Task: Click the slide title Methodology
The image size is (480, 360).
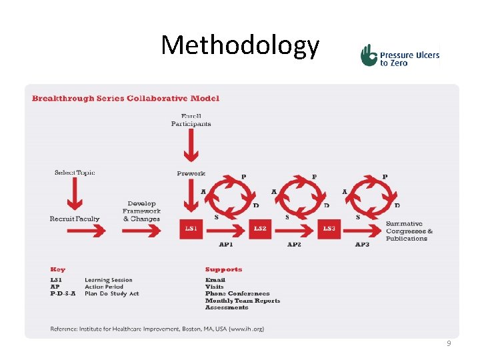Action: tap(240, 45)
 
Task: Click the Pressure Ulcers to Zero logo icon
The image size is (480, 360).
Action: tap(369, 55)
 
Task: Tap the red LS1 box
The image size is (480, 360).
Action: tap(191, 229)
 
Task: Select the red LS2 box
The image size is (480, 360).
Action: tap(260, 229)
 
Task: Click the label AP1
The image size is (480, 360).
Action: tap(226, 245)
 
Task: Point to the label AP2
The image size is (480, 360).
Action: tap(295, 245)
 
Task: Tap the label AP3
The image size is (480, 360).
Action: tap(362, 245)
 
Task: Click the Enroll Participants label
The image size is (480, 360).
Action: tap(191, 120)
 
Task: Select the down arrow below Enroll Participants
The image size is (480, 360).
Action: tap(191, 145)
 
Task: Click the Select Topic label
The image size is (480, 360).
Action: tap(75, 173)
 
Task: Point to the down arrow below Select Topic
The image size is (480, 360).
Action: tap(75, 195)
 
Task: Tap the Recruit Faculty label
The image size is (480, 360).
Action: tap(75, 219)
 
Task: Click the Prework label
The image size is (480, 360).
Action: tap(191, 174)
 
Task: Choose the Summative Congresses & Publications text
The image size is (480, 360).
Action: tap(409, 231)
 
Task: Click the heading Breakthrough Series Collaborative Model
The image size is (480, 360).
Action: tap(125, 98)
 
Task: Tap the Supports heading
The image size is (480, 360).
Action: tap(223, 269)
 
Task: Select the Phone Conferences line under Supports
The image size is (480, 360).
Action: tap(237, 293)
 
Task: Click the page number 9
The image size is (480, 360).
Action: tap(449, 343)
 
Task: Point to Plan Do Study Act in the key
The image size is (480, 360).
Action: tap(112, 293)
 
